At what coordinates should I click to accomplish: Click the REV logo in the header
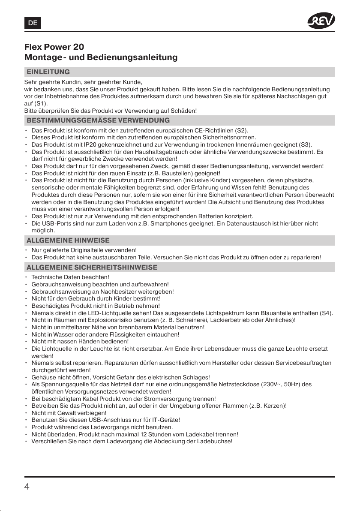click(321, 20)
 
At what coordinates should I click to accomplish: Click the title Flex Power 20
click(54, 47)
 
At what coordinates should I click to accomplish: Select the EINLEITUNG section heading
click(48, 72)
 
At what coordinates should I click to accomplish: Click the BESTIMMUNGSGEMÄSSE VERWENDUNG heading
click(98, 120)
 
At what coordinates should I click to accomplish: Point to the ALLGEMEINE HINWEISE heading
click(68, 240)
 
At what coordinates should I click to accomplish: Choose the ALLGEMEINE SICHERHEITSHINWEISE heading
click(92, 268)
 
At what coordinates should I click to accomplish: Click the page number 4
click(27, 487)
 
